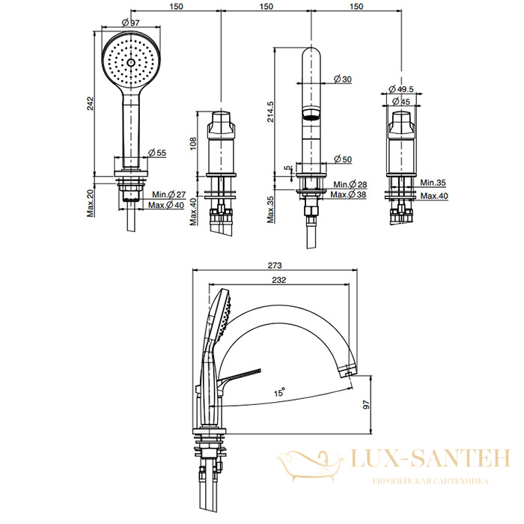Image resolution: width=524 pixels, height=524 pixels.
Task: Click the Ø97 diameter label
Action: (x=131, y=22)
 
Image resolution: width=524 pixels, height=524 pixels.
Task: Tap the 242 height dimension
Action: (x=91, y=103)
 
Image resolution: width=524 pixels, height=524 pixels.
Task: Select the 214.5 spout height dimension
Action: (x=270, y=112)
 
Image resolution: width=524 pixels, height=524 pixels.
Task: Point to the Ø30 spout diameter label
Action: (x=343, y=79)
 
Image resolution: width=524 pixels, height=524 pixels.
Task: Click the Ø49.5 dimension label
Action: (x=401, y=89)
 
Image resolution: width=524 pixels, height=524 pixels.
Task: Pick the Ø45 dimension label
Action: (x=401, y=101)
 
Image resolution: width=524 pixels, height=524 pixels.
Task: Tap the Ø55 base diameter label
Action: (x=156, y=153)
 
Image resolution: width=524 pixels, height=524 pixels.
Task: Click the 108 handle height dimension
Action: (x=193, y=144)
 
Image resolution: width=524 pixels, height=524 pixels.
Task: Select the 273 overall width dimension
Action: (x=275, y=265)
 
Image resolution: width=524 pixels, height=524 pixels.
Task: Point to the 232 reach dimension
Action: (x=279, y=280)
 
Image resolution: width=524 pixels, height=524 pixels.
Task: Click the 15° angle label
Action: (x=279, y=392)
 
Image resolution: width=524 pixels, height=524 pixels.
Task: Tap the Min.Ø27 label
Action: (x=168, y=194)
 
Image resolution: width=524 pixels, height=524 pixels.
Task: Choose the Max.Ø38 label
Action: (x=348, y=194)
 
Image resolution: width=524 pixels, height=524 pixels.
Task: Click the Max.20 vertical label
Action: (x=91, y=203)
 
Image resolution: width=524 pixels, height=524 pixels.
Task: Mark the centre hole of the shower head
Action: (x=131, y=62)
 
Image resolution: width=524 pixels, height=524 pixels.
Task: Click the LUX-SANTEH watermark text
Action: (x=430, y=458)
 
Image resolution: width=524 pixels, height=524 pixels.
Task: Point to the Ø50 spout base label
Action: (x=343, y=159)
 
